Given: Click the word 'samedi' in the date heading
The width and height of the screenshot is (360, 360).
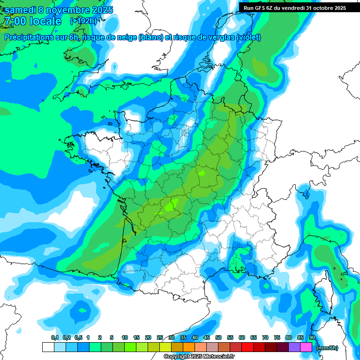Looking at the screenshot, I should click(x=20, y=10).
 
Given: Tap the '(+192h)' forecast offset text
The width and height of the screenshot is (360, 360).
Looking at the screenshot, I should click(x=83, y=21).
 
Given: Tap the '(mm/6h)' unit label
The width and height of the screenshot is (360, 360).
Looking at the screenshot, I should click(x=327, y=347).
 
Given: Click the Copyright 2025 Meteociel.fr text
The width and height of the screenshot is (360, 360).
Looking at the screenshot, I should click(x=199, y=357).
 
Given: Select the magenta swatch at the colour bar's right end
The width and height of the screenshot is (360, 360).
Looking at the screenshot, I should click(x=306, y=347).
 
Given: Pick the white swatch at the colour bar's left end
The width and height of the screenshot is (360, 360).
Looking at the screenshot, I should click(x=48, y=347).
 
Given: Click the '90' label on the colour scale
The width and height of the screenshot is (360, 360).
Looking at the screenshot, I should click(x=312, y=337).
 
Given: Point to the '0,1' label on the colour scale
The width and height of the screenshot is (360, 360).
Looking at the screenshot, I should click(x=54, y=337).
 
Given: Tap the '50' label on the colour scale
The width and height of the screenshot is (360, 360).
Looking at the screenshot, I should click(x=218, y=337).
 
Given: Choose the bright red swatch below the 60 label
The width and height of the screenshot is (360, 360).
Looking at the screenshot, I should click(x=247, y=347).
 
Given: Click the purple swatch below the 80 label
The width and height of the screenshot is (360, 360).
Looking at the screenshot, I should click(x=294, y=347).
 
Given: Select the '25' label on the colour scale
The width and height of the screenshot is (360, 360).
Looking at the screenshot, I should click(x=160, y=337).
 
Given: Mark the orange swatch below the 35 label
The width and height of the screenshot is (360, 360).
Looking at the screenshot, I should click(x=189, y=347).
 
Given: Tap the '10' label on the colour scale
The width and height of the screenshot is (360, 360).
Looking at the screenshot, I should click(x=125, y=337).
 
